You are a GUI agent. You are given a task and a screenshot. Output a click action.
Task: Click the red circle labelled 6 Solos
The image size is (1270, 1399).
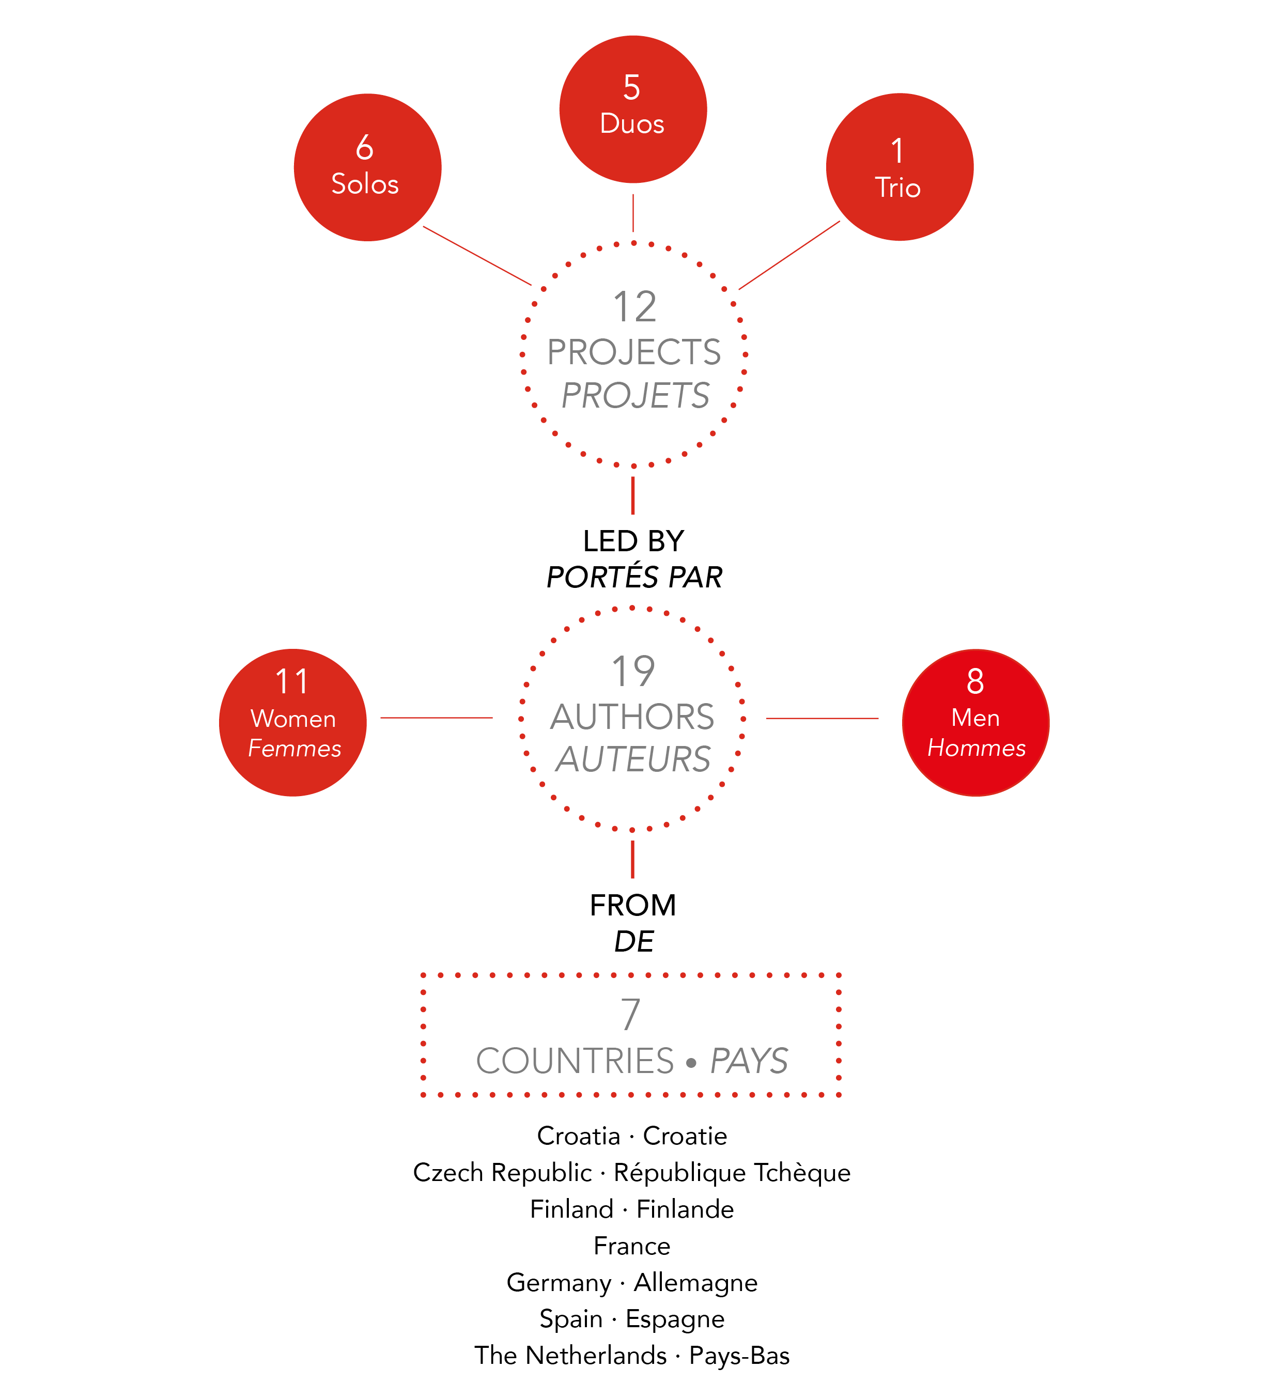tap(367, 167)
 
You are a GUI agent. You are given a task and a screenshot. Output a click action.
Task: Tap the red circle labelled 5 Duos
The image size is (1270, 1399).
tap(633, 109)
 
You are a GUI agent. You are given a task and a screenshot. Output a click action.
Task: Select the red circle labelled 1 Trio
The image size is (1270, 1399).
tap(900, 166)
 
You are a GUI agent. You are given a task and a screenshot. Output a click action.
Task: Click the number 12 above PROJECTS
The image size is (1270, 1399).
tap(634, 307)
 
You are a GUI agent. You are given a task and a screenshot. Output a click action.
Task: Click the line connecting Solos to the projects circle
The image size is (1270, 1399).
tap(477, 255)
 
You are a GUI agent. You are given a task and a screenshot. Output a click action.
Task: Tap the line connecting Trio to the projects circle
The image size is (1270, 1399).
tap(789, 255)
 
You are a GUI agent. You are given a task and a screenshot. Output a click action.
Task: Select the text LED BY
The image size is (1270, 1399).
tap(633, 540)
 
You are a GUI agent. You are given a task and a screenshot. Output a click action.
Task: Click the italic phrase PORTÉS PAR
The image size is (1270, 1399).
tap(634, 577)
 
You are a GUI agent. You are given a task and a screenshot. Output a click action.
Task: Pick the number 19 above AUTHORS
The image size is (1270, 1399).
tap(633, 671)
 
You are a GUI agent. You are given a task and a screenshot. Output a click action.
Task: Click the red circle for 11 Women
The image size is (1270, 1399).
tap(293, 722)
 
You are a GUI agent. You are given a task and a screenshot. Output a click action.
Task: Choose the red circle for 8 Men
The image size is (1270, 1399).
tap(975, 722)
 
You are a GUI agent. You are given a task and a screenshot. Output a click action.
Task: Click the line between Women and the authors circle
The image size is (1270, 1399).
tap(437, 718)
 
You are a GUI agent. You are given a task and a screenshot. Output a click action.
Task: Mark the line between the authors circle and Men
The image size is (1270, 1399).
tap(823, 718)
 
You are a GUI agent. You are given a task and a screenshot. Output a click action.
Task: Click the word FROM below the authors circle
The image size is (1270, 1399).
tap(633, 905)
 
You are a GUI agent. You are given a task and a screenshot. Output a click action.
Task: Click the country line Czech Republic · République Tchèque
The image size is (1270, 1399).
tap(631, 1172)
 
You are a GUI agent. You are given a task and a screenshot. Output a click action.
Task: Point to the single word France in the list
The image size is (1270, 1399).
tap(631, 1246)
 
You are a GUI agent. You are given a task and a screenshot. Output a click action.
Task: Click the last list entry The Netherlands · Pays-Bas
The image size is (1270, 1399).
tap(631, 1355)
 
